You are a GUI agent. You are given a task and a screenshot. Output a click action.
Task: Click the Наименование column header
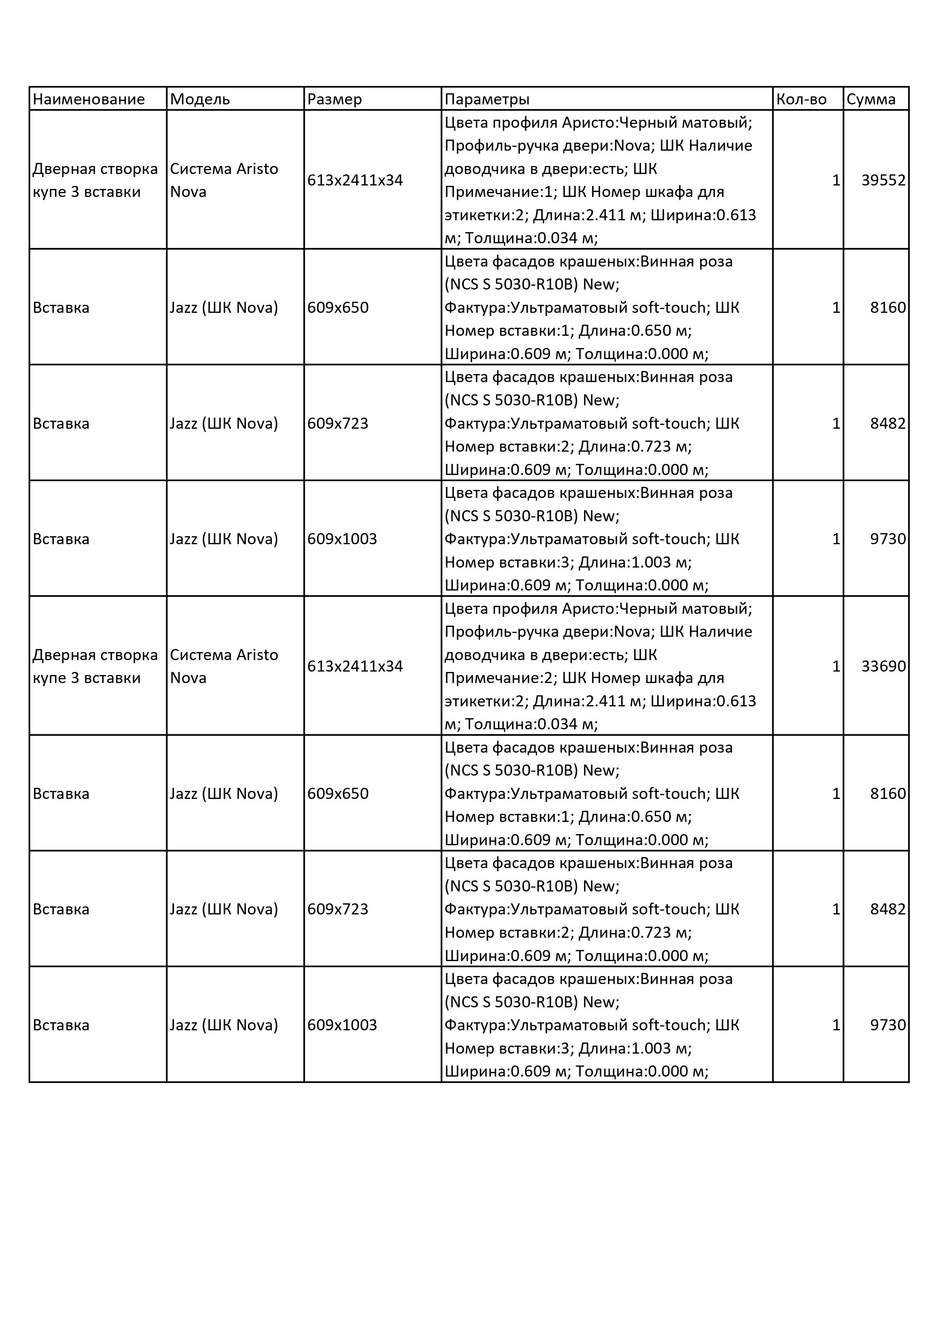pos(89,99)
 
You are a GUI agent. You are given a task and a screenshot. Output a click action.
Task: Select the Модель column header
pos(200,99)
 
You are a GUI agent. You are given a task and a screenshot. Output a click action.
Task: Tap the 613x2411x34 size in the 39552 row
pos(355,181)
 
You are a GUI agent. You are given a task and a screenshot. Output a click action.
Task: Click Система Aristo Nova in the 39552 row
pos(224,180)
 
